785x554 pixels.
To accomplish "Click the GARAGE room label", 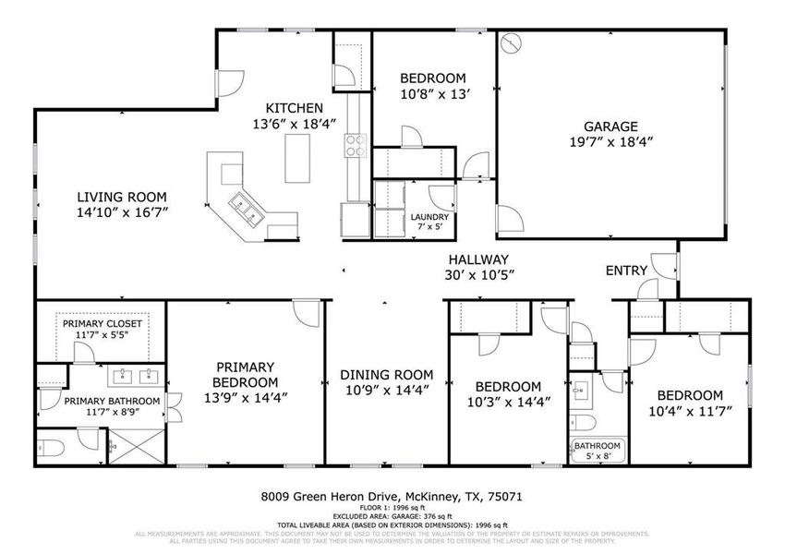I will point(610,126).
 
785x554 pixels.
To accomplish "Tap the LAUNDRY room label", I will point(429,217).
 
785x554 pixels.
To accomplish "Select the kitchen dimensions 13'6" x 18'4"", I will point(295,124).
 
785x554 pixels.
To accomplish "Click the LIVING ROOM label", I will point(122,196).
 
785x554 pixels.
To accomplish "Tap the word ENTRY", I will point(626,271).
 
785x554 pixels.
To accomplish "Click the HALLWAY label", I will point(479,259).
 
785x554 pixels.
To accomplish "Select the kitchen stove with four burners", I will point(356,145).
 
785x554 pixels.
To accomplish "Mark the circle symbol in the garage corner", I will point(513,44).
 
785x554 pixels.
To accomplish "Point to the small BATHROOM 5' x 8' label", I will point(598,450).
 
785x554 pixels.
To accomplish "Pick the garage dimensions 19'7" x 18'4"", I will point(610,143).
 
